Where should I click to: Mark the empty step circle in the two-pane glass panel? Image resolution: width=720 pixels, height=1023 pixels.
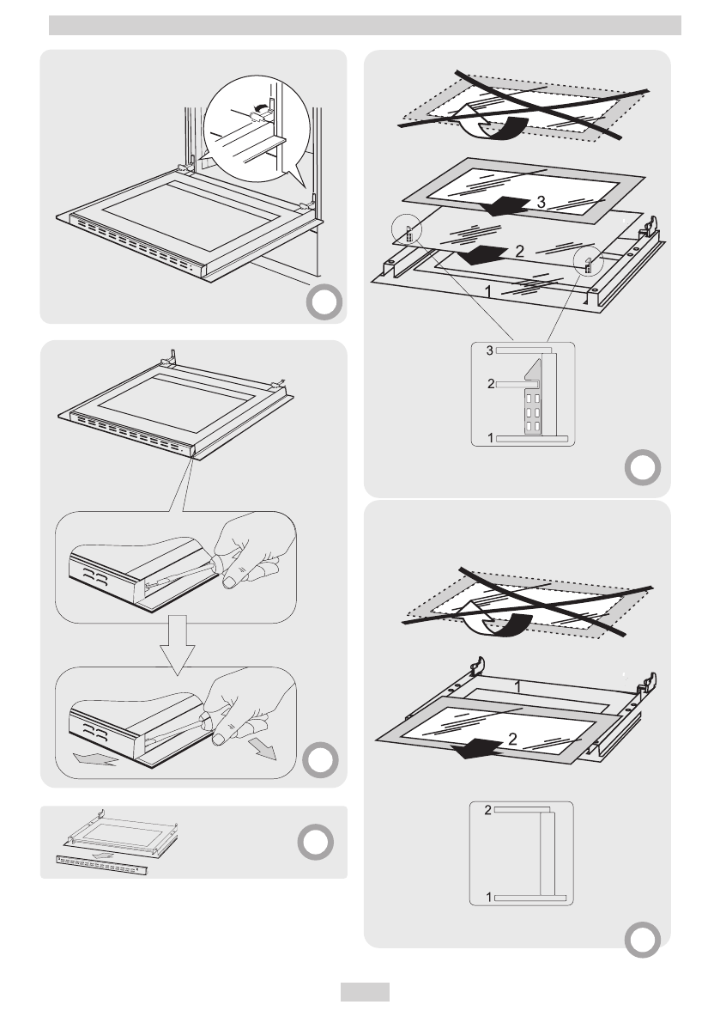pos(643,938)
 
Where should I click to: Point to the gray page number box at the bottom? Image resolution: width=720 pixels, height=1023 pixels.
pos(365,992)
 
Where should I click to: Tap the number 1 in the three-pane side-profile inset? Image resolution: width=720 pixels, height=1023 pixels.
pos(490,438)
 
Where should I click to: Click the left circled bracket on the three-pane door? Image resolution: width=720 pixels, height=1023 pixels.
pos(408,233)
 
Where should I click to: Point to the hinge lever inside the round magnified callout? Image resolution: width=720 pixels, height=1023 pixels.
pos(257,110)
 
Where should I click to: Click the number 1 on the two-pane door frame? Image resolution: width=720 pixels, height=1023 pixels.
pos(518,686)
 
